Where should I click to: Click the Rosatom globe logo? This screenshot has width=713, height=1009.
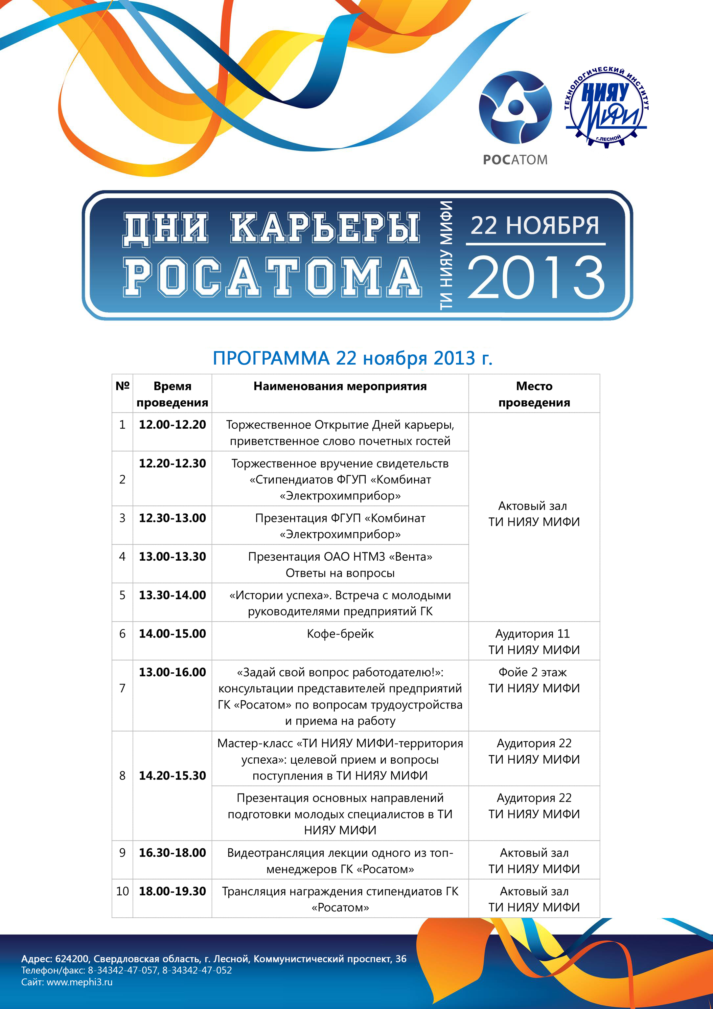515,108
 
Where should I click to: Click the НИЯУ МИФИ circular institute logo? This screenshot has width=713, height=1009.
606,106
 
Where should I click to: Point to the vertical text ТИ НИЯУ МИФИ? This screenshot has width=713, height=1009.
446,255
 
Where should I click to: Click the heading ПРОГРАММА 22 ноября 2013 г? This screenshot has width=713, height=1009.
353,358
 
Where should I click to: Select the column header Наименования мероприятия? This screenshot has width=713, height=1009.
340,386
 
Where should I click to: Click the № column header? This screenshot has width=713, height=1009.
122,386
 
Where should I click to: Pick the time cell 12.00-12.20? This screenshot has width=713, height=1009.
172,424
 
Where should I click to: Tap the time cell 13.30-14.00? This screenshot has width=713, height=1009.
172,595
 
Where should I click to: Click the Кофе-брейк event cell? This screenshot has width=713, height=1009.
340,634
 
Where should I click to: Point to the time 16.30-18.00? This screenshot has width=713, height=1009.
172,853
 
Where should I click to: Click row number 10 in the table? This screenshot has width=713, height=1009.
122,891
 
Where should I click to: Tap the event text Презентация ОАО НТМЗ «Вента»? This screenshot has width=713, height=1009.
340,557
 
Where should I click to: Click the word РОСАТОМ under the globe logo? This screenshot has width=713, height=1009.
515,160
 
